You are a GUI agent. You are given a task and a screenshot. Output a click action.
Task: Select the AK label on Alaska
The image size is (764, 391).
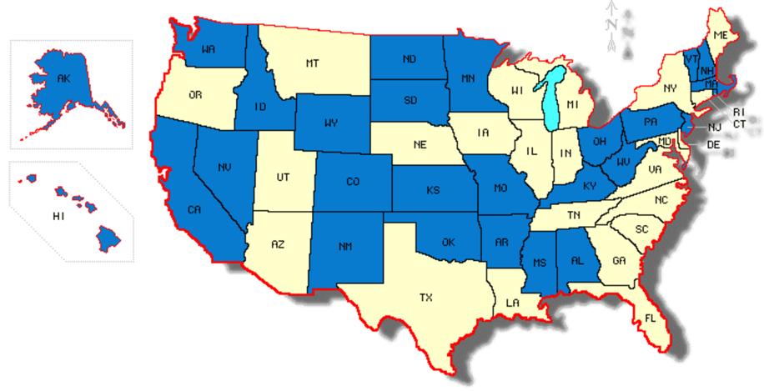click(63, 79)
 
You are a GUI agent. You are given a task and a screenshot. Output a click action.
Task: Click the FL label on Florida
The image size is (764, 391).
click(650, 318)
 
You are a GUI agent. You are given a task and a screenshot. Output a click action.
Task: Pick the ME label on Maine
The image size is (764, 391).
click(721, 35)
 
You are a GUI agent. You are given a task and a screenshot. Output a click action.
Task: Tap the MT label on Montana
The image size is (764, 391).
click(313, 63)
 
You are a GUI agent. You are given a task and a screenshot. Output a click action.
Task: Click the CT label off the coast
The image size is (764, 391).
click(739, 124)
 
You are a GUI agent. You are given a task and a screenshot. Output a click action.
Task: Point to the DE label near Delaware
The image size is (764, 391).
click(713, 144)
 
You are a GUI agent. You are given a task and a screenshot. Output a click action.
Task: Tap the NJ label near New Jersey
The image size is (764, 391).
click(714, 128)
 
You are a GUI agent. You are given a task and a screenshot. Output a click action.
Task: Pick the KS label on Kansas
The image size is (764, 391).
click(433, 191)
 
